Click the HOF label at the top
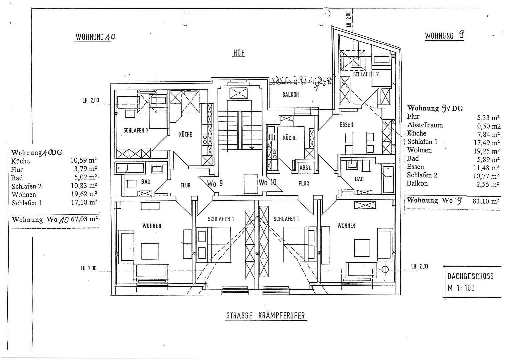click(x=239, y=53)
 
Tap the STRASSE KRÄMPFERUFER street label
click(x=265, y=315)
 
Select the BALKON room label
click(x=290, y=95)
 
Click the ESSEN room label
click(x=346, y=125)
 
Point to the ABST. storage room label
click(x=305, y=168)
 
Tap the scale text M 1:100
click(x=461, y=288)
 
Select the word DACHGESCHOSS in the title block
click(x=470, y=276)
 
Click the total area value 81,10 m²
click(x=486, y=201)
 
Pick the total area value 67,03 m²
click(x=84, y=219)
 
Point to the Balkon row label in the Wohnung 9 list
click(x=417, y=183)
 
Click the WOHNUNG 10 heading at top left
click(x=95, y=37)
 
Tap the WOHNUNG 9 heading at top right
click(x=444, y=36)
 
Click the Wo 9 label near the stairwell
click(x=215, y=183)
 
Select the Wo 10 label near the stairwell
click(x=267, y=183)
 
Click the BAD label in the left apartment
click(x=146, y=182)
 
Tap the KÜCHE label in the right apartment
click(x=289, y=138)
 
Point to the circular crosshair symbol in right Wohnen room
click(x=385, y=269)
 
